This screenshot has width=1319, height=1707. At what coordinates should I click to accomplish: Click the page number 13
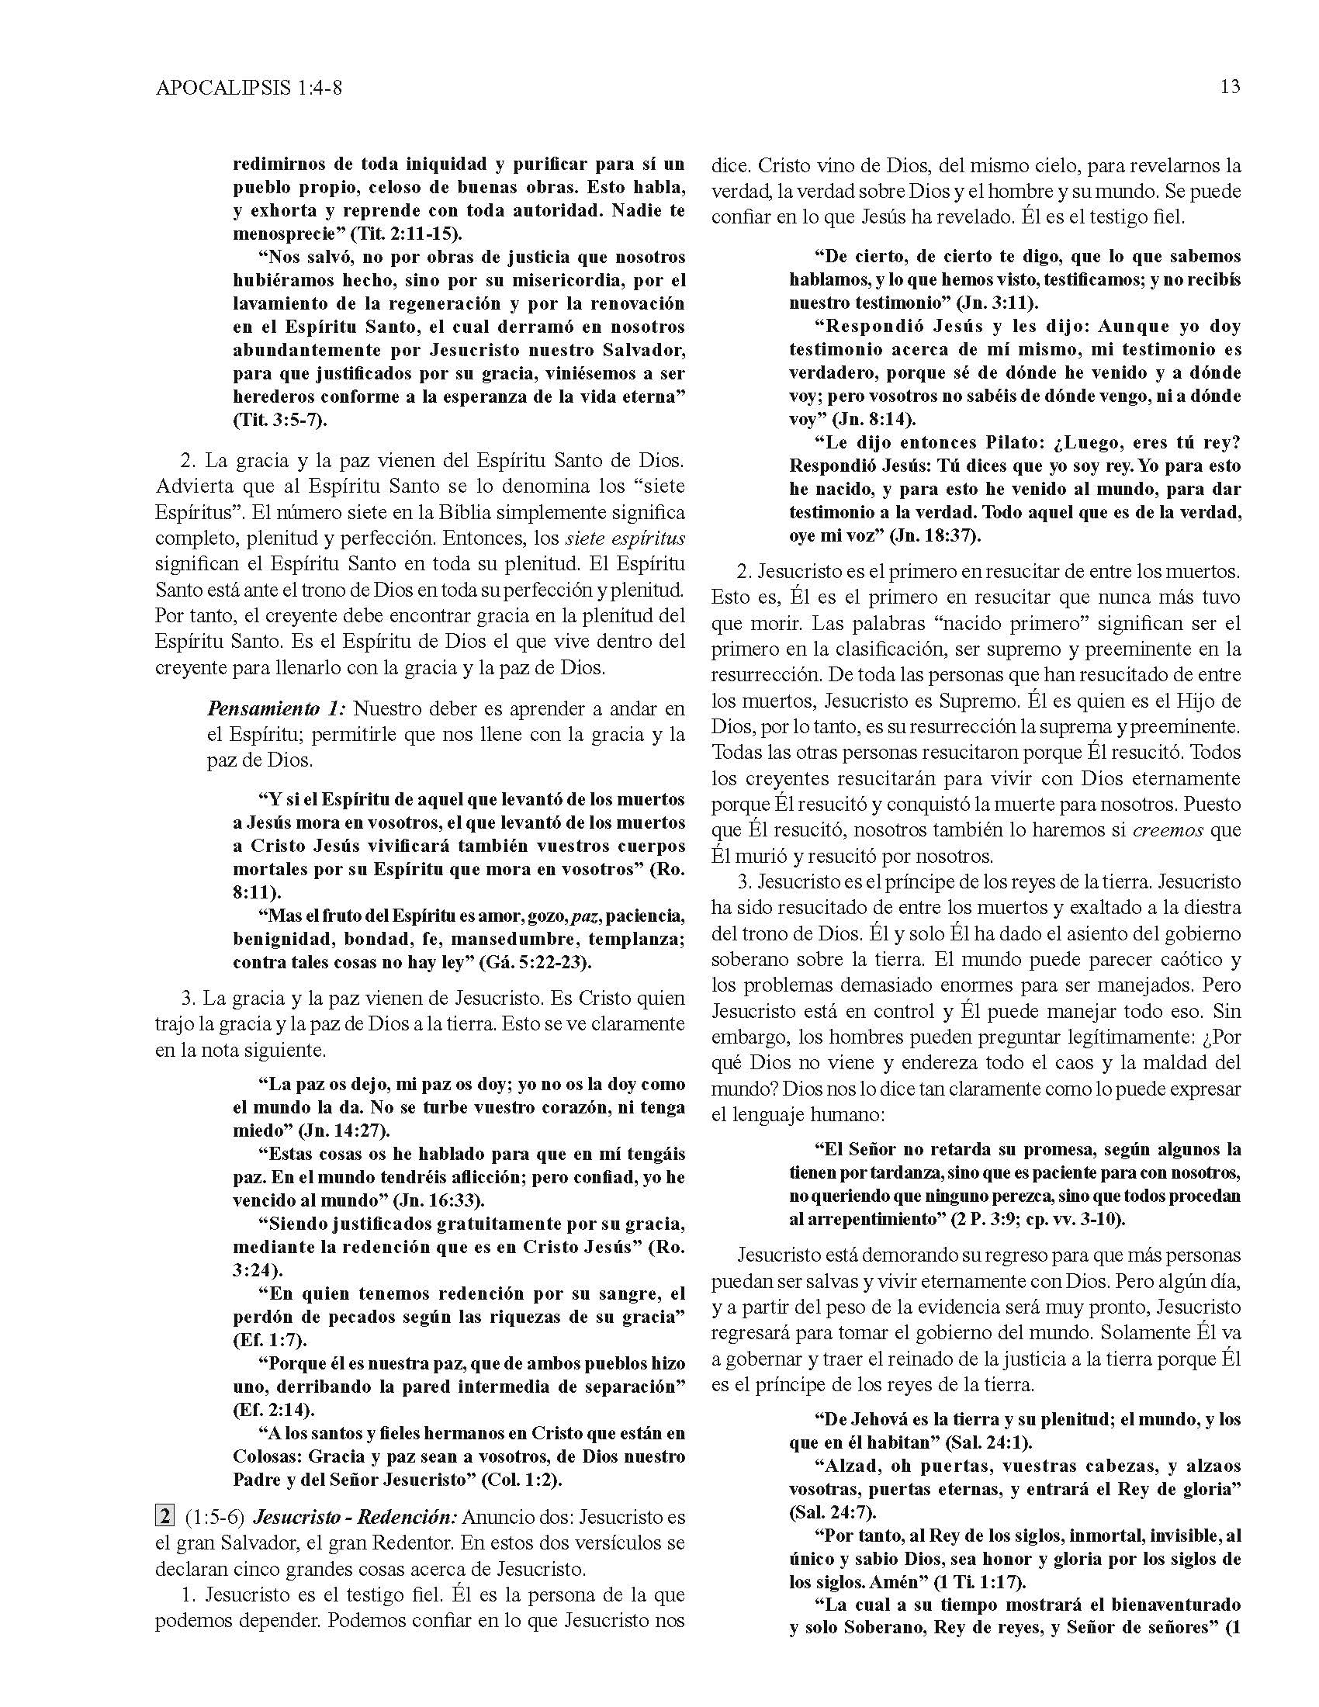pos(1229,87)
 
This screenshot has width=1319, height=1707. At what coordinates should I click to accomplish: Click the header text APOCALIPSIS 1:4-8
pos(248,89)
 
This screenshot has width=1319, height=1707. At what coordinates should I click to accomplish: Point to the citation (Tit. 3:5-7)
pos(280,419)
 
